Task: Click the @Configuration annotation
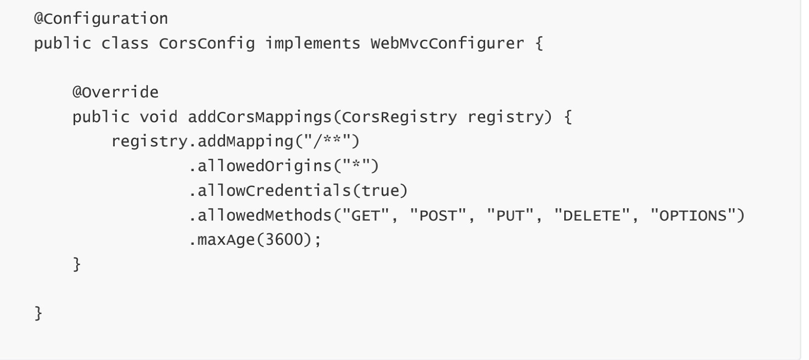click(x=101, y=19)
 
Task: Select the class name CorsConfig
click(x=207, y=44)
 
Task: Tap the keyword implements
click(x=313, y=44)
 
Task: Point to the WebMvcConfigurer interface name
click(x=447, y=44)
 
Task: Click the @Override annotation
click(x=115, y=92)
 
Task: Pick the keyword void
click(x=158, y=117)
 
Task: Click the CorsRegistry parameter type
click(x=399, y=117)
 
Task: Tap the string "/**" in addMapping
click(x=327, y=141)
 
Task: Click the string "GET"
click(x=365, y=216)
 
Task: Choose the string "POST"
click(x=438, y=216)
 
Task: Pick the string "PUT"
click(x=510, y=216)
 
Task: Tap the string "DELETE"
click(x=591, y=216)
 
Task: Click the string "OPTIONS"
click(x=692, y=216)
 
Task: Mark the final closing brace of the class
click(x=39, y=314)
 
